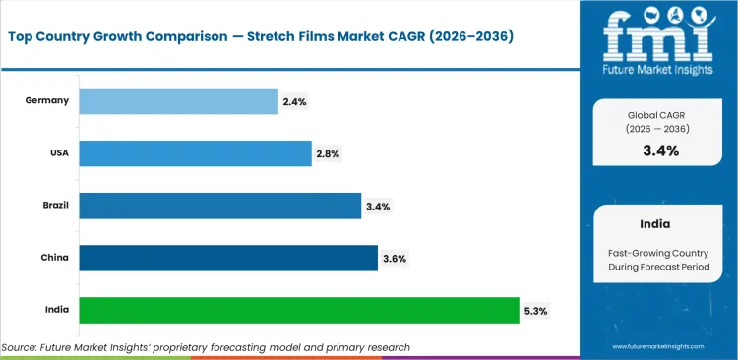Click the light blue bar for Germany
coord(178,100)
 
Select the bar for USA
coord(195,153)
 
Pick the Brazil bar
coord(219,206)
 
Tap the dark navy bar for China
coord(227,258)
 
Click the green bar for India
coord(298,310)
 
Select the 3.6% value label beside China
coord(394,259)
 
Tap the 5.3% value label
coord(535,311)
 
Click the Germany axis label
coord(46,100)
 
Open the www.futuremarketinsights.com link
coord(659,347)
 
